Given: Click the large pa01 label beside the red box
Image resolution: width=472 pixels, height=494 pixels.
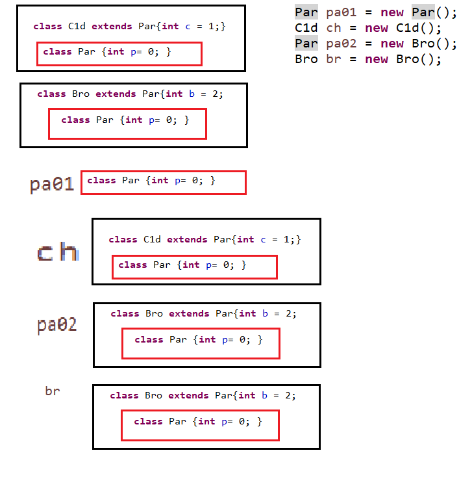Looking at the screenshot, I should [52, 185].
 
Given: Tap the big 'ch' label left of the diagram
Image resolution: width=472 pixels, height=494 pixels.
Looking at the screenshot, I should [58, 252].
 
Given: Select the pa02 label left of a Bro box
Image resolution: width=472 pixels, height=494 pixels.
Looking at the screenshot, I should [57, 324].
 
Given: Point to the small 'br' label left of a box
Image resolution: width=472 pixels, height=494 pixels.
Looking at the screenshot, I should [53, 391].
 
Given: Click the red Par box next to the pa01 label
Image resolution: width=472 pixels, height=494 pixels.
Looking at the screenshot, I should [164, 183].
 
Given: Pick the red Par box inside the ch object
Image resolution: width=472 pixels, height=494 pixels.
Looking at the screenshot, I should [195, 267].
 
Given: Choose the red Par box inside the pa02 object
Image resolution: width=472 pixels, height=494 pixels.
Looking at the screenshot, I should [201, 343].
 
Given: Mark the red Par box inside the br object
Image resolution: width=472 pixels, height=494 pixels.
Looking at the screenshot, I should [200, 425].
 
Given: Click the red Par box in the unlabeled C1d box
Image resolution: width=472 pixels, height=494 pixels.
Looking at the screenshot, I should [119, 54].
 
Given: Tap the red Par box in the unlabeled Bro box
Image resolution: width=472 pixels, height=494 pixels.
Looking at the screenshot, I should [127, 123].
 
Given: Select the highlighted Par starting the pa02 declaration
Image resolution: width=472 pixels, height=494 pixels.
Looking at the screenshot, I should [306, 44].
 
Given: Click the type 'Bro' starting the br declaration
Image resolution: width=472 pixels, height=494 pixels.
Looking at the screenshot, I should [306, 59].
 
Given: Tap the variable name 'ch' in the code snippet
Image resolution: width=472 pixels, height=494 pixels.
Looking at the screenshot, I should [334, 28].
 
